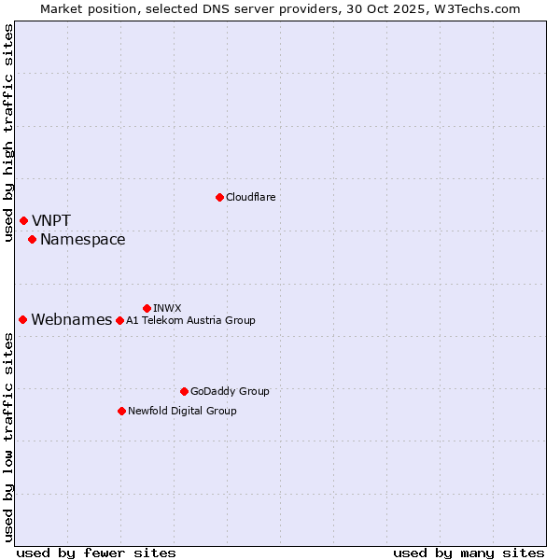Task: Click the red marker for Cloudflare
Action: (x=219, y=197)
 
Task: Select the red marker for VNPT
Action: (x=23, y=220)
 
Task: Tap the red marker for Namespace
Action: (x=32, y=240)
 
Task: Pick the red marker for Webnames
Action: (x=22, y=319)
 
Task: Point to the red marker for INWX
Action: (x=147, y=308)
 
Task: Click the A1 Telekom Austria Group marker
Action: (x=119, y=320)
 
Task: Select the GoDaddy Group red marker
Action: (x=184, y=391)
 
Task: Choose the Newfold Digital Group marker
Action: (x=121, y=411)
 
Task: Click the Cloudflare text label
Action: (x=250, y=197)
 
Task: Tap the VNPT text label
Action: (x=51, y=221)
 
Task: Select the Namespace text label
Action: (x=82, y=240)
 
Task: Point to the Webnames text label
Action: (x=71, y=320)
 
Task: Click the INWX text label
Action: (x=167, y=308)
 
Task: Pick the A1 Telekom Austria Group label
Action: (x=190, y=320)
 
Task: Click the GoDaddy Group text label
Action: (x=230, y=391)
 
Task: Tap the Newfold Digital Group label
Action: (x=182, y=411)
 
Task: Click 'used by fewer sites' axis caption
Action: (x=96, y=553)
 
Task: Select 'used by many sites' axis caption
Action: (x=469, y=553)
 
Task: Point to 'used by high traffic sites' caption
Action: (x=8, y=133)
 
